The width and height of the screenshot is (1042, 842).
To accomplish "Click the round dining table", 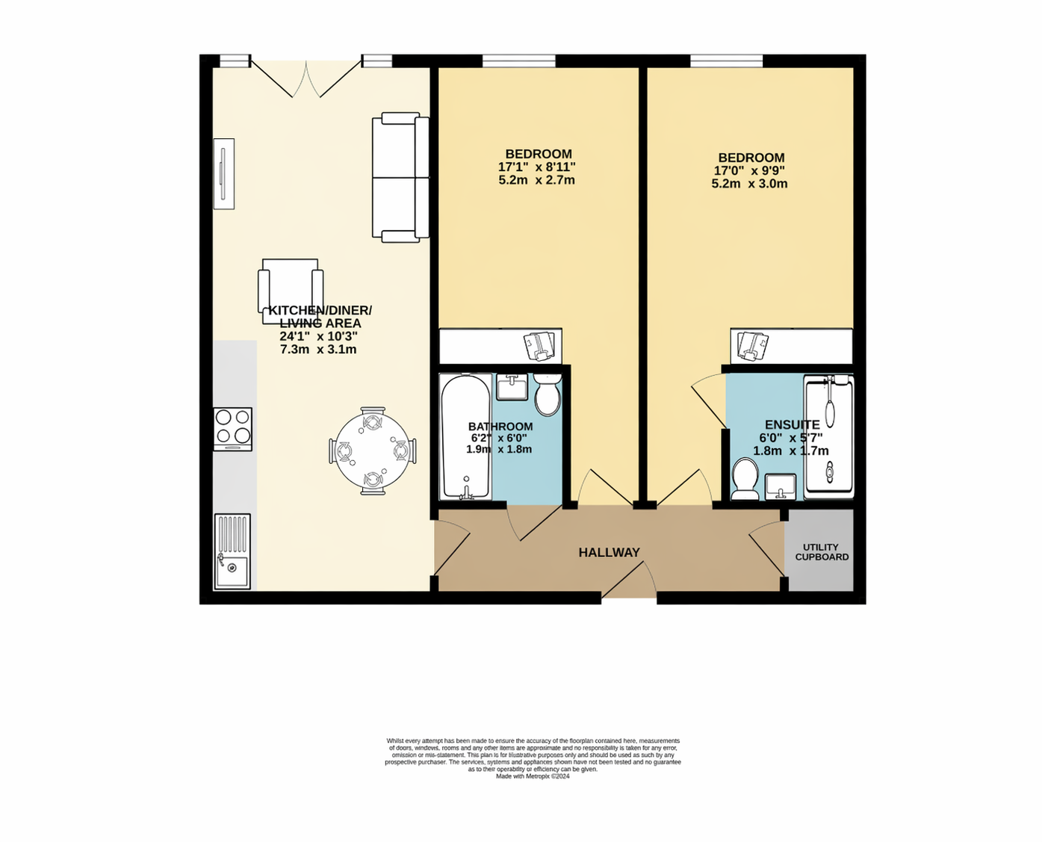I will [x=372, y=451].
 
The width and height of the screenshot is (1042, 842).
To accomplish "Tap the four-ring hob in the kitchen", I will [x=232, y=427].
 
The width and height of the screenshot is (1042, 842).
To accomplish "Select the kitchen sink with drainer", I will [x=232, y=551].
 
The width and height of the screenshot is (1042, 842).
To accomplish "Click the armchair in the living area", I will [x=291, y=291].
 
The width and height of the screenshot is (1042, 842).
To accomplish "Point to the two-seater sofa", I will [x=401, y=177].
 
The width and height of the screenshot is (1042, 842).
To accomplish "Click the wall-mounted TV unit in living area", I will [x=223, y=174].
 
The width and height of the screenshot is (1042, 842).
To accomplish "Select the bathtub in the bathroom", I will [x=465, y=438].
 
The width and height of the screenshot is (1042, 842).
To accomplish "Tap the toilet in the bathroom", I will [x=548, y=396].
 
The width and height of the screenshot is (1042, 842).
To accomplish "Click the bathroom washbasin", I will [x=512, y=388].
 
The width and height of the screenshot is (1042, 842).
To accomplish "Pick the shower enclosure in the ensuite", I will [x=828, y=438].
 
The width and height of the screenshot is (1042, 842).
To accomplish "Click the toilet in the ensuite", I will [x=745, y=479].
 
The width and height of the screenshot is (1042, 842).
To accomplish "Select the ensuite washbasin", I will [x=781, y=486].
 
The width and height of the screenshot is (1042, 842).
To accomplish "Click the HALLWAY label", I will [x=609, y=553].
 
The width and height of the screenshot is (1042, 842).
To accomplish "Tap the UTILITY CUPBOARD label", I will [x=822, y=552].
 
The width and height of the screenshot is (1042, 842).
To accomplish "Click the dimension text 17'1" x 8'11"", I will [x=536, y=167].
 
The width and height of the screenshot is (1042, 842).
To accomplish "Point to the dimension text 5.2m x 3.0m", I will [x=749, y=184].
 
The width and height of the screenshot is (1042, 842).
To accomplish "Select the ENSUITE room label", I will [x=792, y=425].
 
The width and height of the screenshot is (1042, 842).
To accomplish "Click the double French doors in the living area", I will [x=306, y=78].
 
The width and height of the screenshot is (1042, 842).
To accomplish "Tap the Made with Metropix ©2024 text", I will [x=533, y=776].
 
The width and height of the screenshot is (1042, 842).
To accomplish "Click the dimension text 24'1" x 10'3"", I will [x=318, y=337].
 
